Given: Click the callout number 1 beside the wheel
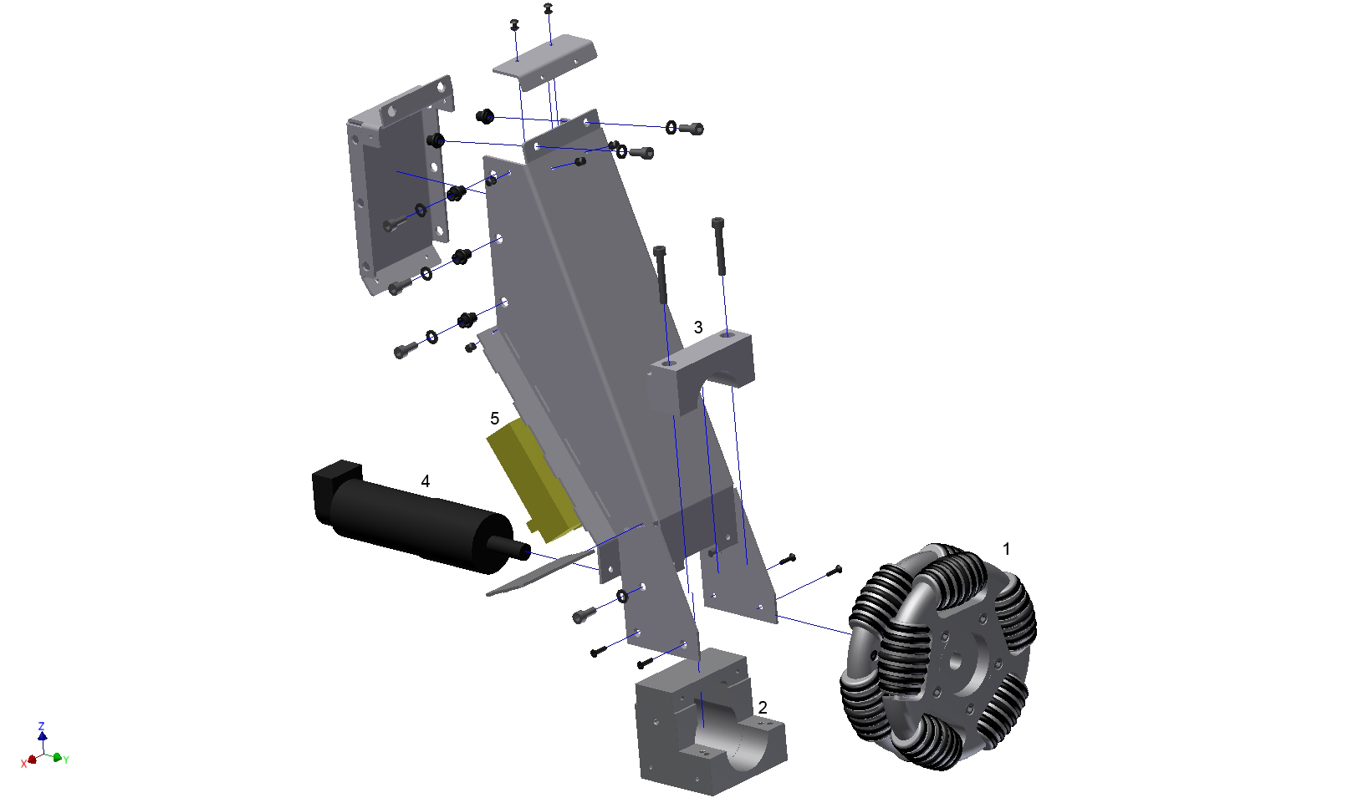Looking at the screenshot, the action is click(1007, 549).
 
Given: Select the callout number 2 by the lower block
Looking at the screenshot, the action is click(763, 707).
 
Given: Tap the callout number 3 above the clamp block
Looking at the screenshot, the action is click(698, 328).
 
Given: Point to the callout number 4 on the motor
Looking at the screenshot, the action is click(425, 481).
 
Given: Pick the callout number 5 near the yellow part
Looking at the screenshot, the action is click(495, 419).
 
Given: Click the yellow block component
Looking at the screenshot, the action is click(530, 479).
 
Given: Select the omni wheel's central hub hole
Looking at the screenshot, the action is click(955, 660).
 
